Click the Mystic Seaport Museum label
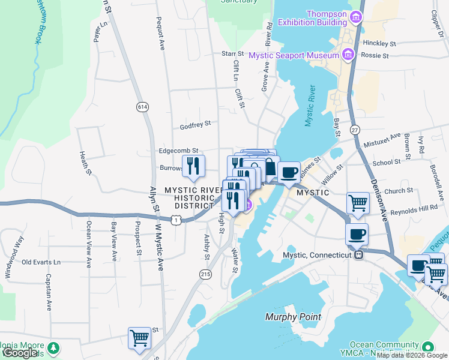coord(294,55)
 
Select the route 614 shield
coord(142,106)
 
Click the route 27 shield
coord(355,130)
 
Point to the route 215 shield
coord(206,274)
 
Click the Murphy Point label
coord(294,317)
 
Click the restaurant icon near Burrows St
coord(193,166)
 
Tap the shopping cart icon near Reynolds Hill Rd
coord(358,202)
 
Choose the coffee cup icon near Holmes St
coord(289,172)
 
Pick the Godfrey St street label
coord(195,125)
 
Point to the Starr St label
coord(233,54)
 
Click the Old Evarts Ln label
coord(41,262)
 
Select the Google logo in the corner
coord(20,353)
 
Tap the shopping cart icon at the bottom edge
coord(139,337)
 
